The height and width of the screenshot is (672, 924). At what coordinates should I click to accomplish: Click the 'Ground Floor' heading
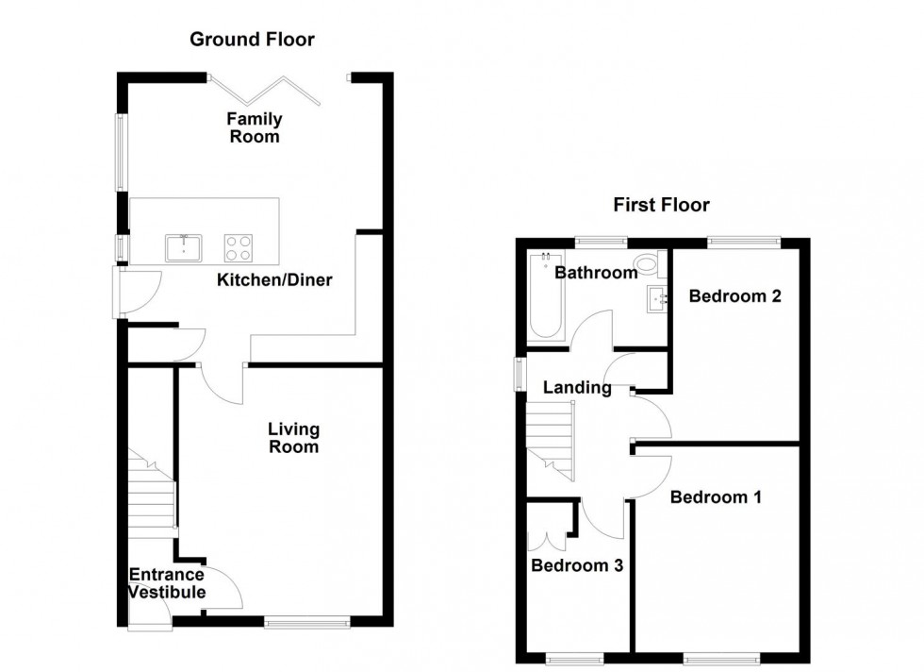click(x=252, y=39)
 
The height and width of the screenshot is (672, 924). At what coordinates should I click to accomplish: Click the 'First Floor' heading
click(x=661, y=205)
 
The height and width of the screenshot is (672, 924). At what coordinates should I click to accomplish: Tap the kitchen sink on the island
click(x=184, y=247)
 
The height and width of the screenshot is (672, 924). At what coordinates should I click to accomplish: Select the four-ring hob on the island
click(x=239, y=247)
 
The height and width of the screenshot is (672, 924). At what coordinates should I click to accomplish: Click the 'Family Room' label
click(x=254, y=127)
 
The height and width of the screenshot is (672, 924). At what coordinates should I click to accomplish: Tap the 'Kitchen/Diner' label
click(x=274, y=279)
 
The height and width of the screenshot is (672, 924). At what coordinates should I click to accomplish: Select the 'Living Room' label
click(x=293, y=438)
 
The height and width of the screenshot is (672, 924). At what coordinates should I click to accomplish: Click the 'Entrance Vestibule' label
click(x=166, y=583)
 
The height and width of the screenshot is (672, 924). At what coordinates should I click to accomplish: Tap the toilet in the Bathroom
click(x=648, y=263)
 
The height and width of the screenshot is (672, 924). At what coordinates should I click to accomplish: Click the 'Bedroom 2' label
click(x=734, y=296)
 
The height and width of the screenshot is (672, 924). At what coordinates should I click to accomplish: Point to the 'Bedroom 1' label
click(x=716, y=496)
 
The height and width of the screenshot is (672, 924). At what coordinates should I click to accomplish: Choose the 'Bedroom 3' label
click(x=577, y=565)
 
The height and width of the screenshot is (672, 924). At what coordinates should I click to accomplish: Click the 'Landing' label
click(x=577, y=387)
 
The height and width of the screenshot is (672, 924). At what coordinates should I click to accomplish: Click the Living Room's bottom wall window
click(x=306, y=622)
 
